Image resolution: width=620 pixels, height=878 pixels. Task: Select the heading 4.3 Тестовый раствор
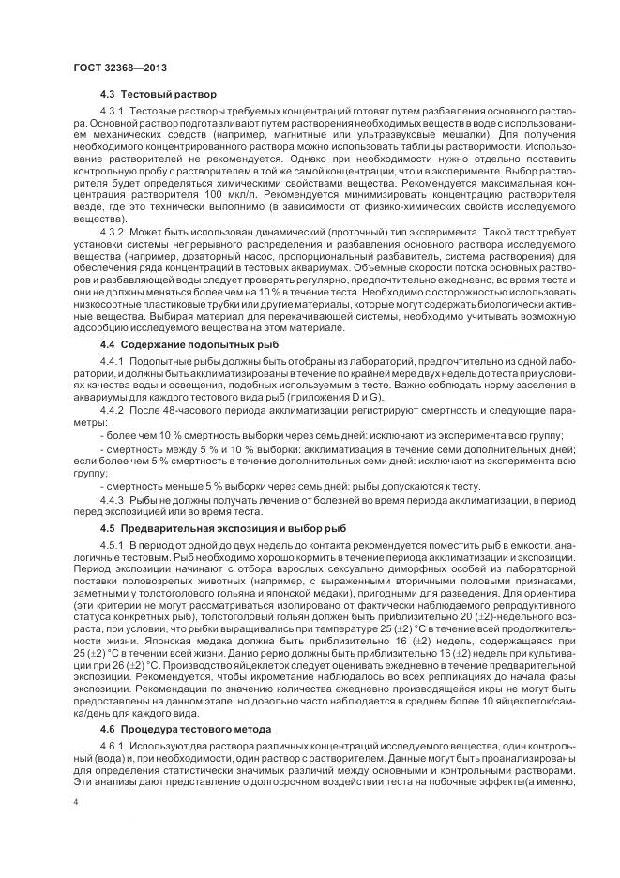click(158, 94)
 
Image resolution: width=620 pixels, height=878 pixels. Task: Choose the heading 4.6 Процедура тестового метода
click(186, 727)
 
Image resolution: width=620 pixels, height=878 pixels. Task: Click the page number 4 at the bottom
click(75, 802)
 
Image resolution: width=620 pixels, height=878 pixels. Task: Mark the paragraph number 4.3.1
click(112, 113)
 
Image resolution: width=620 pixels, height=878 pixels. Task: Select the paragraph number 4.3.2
click(112, 229)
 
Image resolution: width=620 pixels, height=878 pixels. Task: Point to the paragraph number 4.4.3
click(112, 499)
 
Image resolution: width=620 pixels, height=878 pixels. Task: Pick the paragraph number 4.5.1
click(112, 545)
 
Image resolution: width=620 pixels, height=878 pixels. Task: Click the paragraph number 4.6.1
click(112, 745)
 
